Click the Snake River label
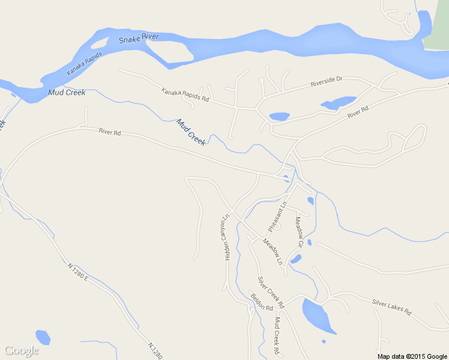tap(139, 38)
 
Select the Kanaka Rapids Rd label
tap(185, 94)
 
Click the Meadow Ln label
tap(272, 251)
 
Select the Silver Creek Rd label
tap(270, 292)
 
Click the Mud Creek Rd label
tap(277, 335)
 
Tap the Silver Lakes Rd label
tap(391, 307)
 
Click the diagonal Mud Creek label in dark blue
tap(191, 132)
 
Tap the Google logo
tap(21, 350)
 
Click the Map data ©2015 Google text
tap(412, 356)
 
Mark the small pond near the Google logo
tap(43, 337)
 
